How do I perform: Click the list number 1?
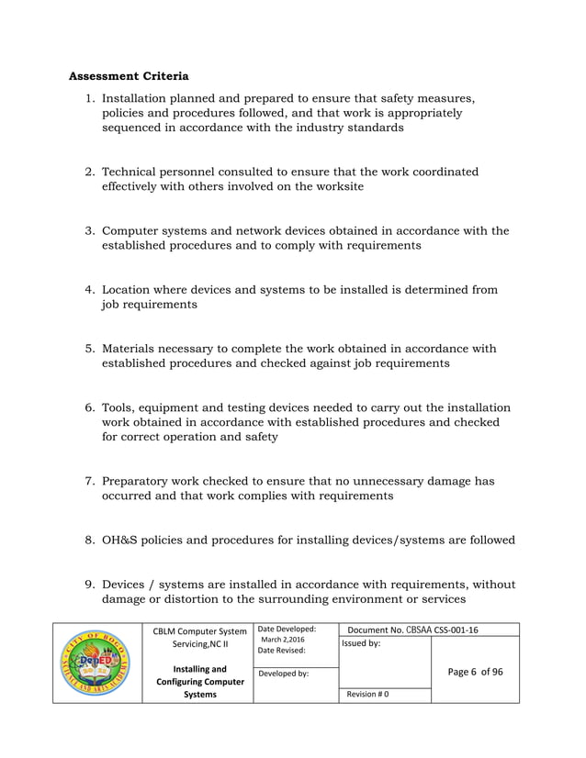(89, 98)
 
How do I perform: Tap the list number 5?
(89, 349)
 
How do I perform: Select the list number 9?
(89, 585)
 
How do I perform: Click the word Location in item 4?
(130, 290)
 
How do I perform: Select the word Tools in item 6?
(118, 407)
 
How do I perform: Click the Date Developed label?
(287, 629)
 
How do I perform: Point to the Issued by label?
(361, 643)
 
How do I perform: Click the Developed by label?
(285, 674)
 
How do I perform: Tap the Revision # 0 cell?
(367, 694)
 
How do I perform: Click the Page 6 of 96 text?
(475, 672)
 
